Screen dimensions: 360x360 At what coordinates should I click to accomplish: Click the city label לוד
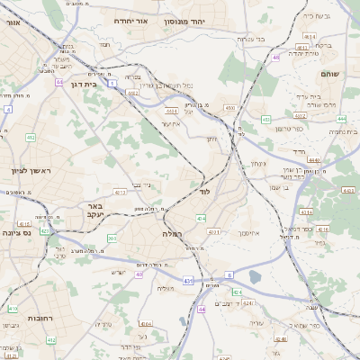[203, 192]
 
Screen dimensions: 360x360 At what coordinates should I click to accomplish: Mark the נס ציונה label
[15, 232]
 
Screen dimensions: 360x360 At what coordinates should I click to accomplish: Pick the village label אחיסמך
[244, 232]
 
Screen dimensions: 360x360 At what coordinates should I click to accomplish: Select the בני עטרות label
[248, 39]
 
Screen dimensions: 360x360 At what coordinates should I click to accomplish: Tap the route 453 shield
[265, 118]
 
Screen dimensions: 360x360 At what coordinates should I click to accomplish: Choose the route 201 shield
[112, 238]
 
